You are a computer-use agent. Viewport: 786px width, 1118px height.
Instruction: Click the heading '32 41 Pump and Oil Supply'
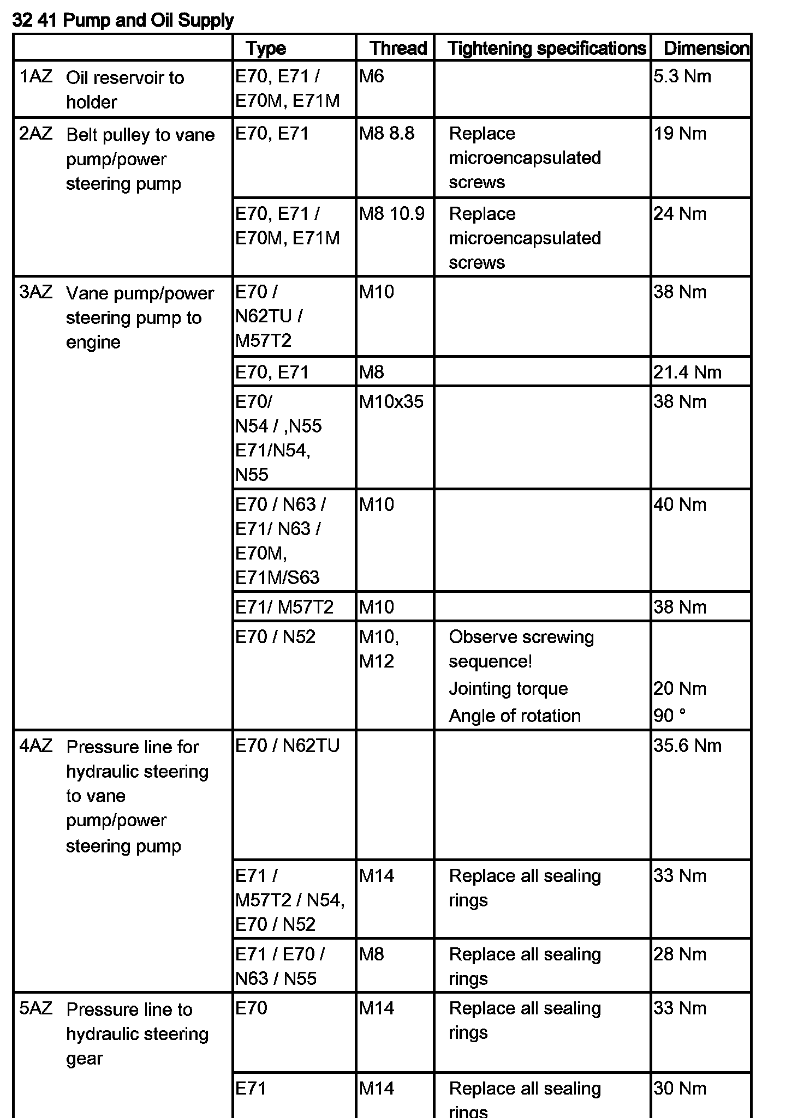coord(123,21)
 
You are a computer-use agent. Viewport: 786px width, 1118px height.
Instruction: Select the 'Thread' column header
coord(398,49)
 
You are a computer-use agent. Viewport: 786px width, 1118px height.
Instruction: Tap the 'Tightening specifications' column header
coord(546,49)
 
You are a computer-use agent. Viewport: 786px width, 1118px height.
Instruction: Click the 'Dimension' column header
coord(706,49)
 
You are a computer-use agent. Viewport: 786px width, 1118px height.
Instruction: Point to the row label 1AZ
coord(36,76)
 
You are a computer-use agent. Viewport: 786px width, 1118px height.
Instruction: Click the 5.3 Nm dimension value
coord(682,76)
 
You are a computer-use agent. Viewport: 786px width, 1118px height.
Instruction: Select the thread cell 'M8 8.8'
coord(386,134)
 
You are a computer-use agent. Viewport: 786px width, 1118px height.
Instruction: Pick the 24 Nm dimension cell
coord(680,214)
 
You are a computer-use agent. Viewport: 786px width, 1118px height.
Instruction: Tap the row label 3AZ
coord(36,292)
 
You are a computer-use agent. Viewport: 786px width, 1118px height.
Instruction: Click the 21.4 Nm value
coord(687,372)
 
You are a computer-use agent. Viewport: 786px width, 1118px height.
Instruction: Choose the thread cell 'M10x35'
coord(391,402)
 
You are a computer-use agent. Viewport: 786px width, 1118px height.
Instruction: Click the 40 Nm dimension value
coord(680,504)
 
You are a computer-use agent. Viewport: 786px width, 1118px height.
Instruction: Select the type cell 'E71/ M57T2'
coord(284,607)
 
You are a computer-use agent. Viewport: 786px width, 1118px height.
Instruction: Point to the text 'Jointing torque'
coord(508,689)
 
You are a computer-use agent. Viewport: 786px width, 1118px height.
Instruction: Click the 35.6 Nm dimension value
coord(687,746)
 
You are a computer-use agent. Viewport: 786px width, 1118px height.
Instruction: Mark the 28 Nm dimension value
coord(680,954)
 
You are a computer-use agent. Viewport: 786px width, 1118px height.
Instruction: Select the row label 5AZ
coord(36,1008)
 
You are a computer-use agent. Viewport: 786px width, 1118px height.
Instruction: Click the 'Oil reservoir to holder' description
coord(124,89)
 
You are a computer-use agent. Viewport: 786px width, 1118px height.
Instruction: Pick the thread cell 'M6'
coord(371,76)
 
